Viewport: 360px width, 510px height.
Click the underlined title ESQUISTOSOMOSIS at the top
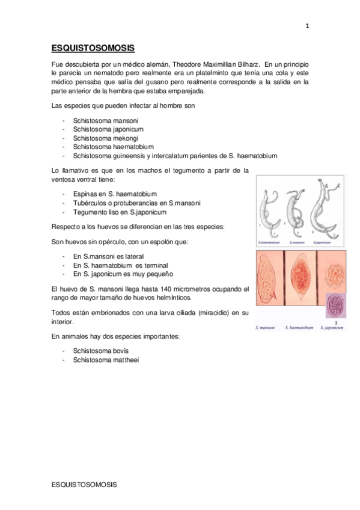tap(93, 49)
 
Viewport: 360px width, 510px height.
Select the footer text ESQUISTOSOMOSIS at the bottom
tap(84, 484)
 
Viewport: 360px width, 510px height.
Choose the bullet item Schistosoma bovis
tap(101, 351)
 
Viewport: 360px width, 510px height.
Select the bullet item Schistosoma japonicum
tap(108, 129)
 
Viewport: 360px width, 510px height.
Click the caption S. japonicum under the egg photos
tap(332, 328)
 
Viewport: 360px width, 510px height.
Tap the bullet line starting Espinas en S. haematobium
tap(115, 194)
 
